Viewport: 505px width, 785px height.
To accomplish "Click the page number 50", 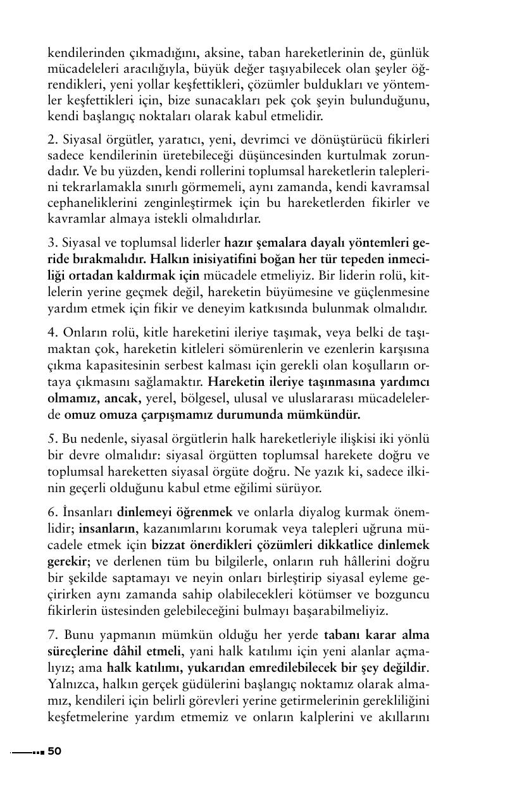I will [x=55, y=751].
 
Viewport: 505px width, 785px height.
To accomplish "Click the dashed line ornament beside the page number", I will [x=28, y=752].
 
